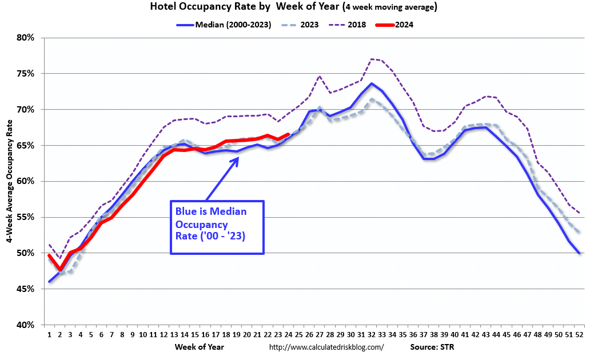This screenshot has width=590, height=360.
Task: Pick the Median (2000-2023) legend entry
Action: (x=224, y=25)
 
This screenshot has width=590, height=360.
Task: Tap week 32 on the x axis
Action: (x=371, y=335)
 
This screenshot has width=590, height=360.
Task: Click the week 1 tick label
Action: (x=49, y=335)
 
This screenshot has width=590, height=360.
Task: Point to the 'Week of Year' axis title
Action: (x=199, y=346)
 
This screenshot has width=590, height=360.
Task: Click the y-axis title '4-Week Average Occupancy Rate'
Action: (x=10, y=181)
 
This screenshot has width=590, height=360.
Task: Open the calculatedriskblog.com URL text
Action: (x=326, y=347)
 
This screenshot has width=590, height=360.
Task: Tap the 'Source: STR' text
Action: (x=432, y=347)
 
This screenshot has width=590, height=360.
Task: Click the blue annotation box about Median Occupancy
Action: (x=217, y=227)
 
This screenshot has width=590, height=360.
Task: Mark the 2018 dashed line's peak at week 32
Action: (x=371, y=59)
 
